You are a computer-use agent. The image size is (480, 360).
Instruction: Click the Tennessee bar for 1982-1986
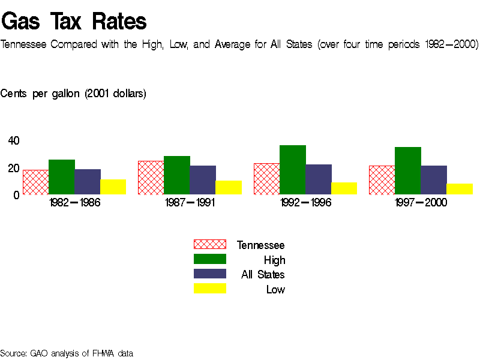tap(35, 182)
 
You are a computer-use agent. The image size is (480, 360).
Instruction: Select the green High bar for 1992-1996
tap(292, 170)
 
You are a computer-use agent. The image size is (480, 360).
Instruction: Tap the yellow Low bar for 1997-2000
tap(460, 189)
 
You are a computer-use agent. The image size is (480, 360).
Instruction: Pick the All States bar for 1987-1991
tap(203, 180)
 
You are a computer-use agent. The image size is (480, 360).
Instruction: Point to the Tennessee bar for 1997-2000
tap(382, 180)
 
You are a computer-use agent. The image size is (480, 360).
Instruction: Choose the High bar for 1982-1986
tap(61, 177)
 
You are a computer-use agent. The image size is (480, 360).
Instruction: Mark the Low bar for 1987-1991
tap(229, 187)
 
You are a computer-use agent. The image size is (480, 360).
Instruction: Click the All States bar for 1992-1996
tap(318, 179)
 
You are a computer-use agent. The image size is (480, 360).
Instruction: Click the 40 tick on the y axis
tap(13, 141)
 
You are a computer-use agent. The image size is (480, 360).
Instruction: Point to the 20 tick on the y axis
tap(13, 169)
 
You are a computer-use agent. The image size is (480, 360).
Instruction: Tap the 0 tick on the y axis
tap(17, 195)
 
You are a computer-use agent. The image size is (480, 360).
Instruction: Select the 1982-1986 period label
tap(74, 203)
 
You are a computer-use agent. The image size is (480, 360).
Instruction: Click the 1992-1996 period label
tap(305, 203)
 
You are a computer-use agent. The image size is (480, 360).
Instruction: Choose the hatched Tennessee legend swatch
tap(209, 244)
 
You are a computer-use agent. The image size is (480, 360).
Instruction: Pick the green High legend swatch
tap(209, 259)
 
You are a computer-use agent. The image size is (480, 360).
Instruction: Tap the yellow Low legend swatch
tap(209, 289)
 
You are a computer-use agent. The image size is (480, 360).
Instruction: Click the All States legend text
tap(263, 275)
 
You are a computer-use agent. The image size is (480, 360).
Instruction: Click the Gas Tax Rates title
tap(74, 22)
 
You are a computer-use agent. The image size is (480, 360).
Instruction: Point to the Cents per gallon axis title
tap(73, 94)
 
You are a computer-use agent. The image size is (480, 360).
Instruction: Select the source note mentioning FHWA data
tap(67, 353)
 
